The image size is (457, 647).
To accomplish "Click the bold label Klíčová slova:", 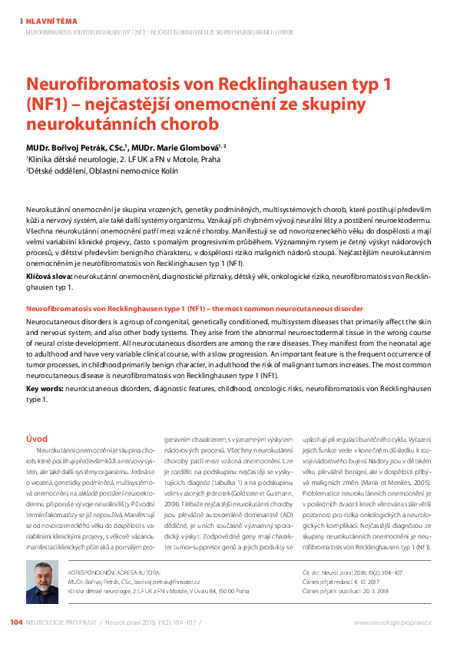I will click(x=49, y=274).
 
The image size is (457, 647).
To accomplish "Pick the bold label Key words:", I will click(x=45, y=390).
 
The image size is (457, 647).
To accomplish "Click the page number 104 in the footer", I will click(x=16, y=622).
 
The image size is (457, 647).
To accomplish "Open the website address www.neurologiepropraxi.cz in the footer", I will click(x=392, y=622).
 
